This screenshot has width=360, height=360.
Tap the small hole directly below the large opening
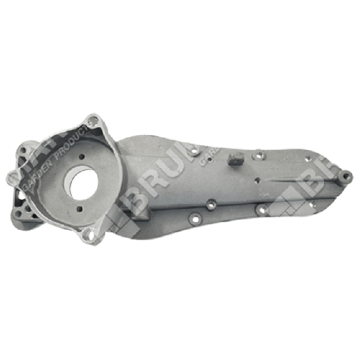(79, 209)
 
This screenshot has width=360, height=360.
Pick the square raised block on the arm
(234, 158)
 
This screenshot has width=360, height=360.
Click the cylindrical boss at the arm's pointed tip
(344, 176)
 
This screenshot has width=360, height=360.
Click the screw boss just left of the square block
(195, 153)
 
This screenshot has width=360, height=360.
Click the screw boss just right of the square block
(259, 154)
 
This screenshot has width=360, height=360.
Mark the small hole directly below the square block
(256, 178)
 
